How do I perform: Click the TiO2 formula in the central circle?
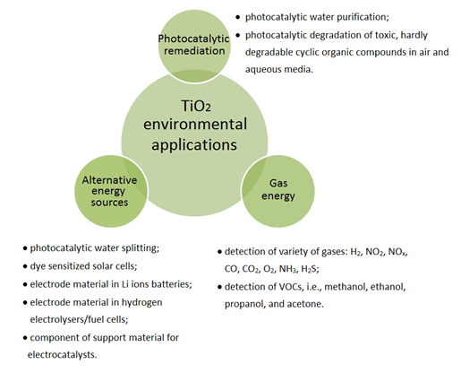(196, 106)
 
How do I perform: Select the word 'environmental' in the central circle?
(195, 125)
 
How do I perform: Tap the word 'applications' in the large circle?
(194, 145)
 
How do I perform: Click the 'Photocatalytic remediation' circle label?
(194, 45)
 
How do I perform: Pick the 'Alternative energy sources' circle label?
(109, 191)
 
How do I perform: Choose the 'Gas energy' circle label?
(278, 189)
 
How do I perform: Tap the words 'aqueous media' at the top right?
(279, 69)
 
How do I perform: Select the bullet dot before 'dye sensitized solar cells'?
(25, 266)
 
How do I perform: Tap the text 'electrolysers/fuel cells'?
(79, 319)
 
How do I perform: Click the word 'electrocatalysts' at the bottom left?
(63, 355)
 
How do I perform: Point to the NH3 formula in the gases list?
(288, 269)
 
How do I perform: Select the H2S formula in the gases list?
(310, 269)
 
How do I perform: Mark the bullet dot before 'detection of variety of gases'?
(219, 252)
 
